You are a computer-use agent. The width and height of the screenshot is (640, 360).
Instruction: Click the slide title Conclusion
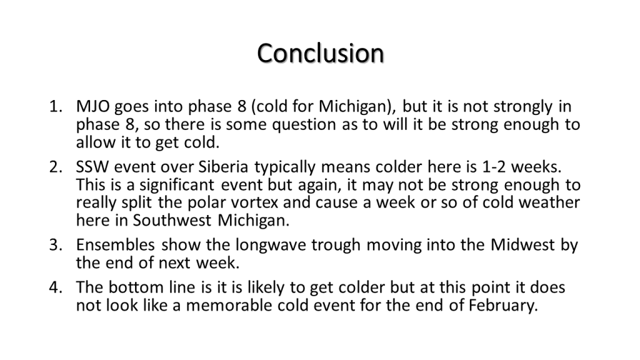pos(321,53)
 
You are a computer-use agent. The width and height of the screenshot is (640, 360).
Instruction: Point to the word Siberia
pos(223,167)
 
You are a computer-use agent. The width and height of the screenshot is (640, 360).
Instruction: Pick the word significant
pos(177,185)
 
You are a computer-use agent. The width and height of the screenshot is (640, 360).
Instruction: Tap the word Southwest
pos(172,221)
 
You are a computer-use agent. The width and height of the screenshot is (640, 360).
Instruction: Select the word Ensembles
pos(115,245)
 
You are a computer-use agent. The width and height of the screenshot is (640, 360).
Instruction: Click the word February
pos(503,306)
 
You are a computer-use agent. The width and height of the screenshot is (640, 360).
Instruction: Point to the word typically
pos(285,167)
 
